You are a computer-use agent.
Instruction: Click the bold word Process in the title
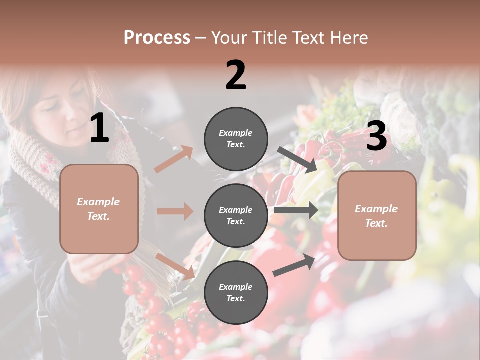[157, 38]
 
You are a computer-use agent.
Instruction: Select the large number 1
[99, 128]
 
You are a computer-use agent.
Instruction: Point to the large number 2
[236, 75]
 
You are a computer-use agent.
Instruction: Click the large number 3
[376, 136]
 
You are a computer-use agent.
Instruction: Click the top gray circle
[236, 138]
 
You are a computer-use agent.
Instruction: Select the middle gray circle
[236, 215]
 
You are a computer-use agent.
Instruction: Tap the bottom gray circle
[236, 292]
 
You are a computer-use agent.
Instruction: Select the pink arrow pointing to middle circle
[175, 211]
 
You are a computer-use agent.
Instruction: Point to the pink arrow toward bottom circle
[175, 266]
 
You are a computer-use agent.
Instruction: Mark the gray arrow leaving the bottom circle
[294, 264]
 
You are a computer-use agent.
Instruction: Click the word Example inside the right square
[376, 209]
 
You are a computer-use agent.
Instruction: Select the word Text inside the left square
[98, 217]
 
